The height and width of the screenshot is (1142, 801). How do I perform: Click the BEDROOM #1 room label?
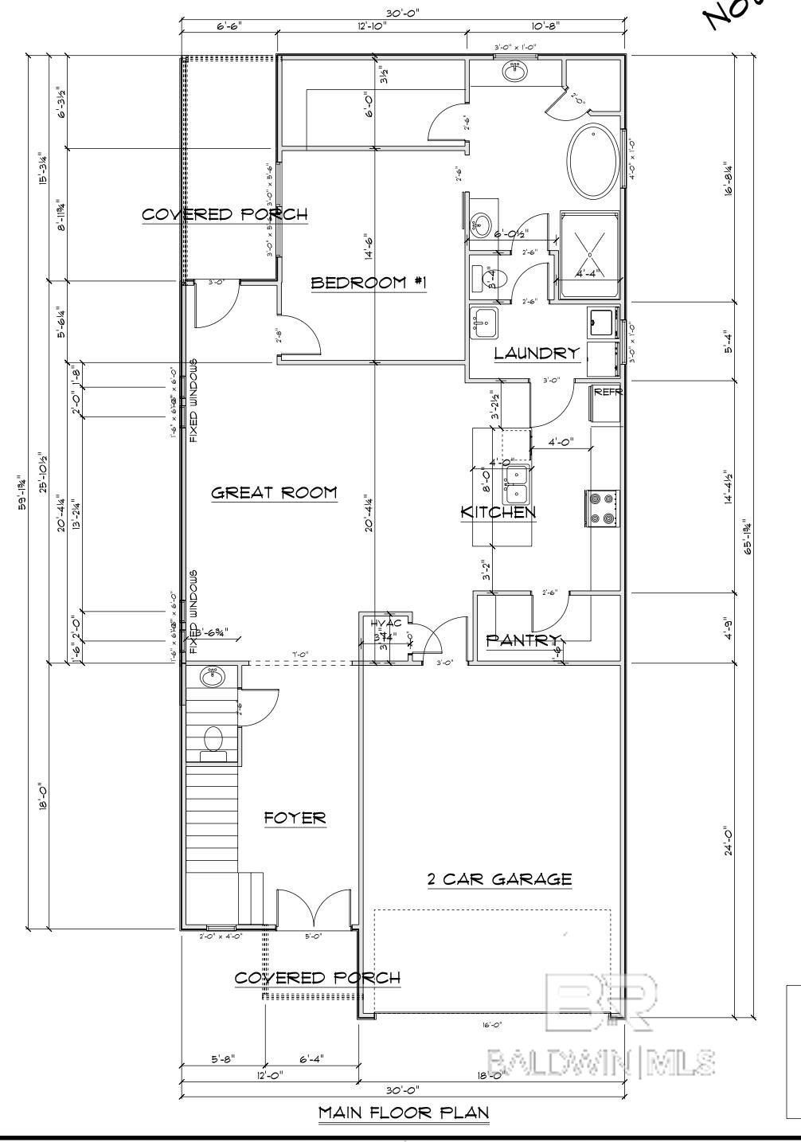pos(369,283)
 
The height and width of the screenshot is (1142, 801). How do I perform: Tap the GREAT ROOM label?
pos(273,493)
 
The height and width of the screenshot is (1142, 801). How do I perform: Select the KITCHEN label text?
pos(498,512)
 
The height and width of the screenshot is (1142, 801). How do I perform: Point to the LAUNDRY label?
pos(535,353)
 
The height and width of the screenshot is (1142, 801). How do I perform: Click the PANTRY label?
pos(523,639)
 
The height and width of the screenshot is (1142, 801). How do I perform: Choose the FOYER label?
pos(295,818)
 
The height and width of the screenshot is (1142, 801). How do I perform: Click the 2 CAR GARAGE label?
pos(499,879)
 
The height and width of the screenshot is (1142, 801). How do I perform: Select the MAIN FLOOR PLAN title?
pos(403,1112)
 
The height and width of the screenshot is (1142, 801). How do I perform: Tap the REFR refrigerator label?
pos(608,392)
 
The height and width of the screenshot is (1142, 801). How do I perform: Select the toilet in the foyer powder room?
pos(213,738)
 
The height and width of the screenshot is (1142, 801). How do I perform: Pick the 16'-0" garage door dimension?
pos(491,1026)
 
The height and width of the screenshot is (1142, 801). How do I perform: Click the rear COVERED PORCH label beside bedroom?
pos(225,214)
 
